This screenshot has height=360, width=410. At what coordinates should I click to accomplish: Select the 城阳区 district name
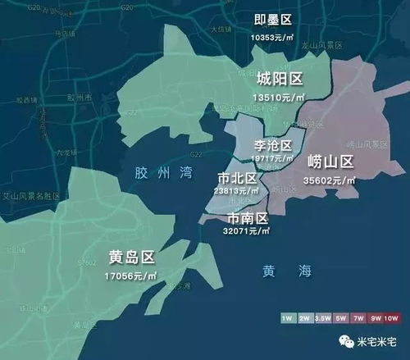[280, 80]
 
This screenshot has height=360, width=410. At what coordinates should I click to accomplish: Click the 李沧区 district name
[274, 145]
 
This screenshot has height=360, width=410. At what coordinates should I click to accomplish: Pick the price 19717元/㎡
[274, 158]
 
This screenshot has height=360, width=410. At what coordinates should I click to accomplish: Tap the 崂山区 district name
[330, 162]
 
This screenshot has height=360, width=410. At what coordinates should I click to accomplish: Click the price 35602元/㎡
[330, 178]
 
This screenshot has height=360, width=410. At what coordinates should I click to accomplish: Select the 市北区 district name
[238, 178]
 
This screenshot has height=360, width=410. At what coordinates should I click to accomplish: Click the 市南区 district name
[248, 219]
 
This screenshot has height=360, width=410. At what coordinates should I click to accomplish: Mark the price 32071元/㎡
[248, 232]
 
